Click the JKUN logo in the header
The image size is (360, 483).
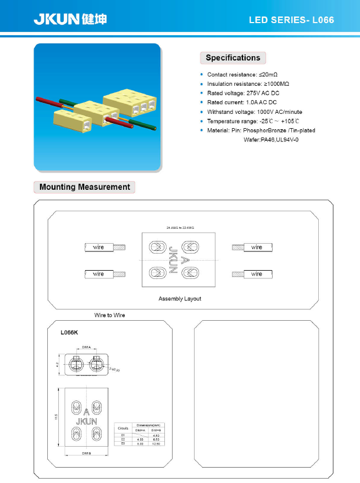[x=70, y=19]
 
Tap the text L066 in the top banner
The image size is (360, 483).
[x=323, y=20]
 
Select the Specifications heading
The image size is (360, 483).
[x=232, y=58]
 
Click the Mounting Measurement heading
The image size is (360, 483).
[x=85, y=187]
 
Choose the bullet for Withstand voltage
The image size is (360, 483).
[x=202, y=112]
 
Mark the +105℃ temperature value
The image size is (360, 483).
[x=290, y=121]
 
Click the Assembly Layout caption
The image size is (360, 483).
[x=180, y=299]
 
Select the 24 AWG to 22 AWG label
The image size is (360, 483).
[x=180, y=227]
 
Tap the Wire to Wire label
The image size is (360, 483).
[x=109, y=315]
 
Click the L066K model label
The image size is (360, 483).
[x=70, y=332]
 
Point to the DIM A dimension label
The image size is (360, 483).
[x=86, y=348]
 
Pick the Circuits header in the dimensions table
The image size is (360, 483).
[x=123, y=427]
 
